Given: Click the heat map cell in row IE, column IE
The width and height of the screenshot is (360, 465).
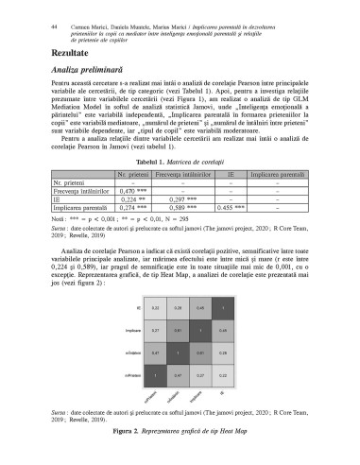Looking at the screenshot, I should [x=224, y=307].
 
